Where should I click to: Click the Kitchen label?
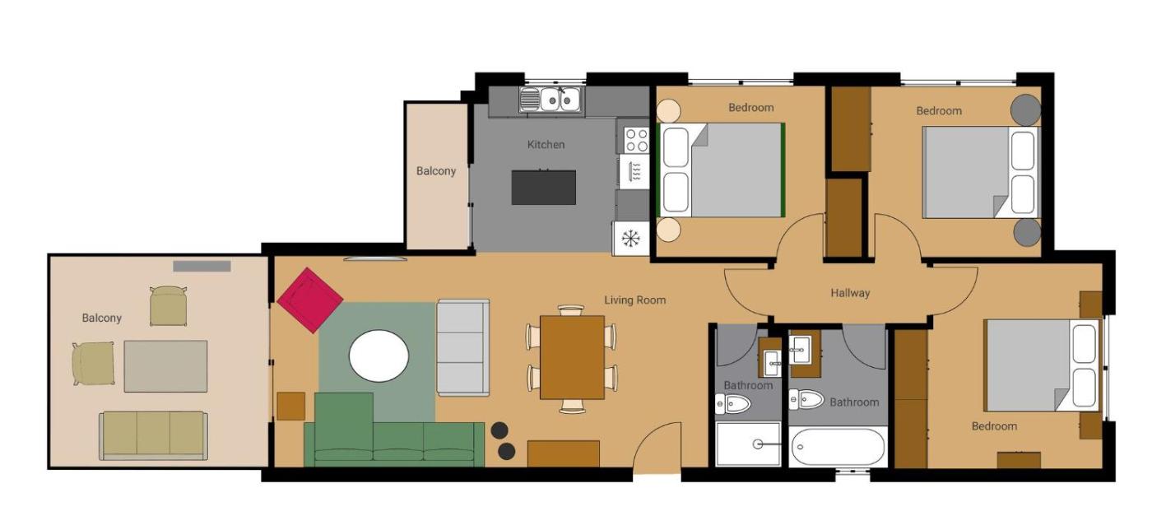click(546, 145)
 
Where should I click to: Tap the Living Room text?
click(634, 300)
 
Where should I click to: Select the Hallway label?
click(850, 293)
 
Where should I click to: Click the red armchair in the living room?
click(310, 300)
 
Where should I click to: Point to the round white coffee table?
click(379, 356)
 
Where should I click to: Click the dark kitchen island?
click(544, 188)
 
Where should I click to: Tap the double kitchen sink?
click(551, 100)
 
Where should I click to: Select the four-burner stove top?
click(636, 140)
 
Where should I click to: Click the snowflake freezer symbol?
click(630, 238)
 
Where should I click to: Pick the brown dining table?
click(572, 357)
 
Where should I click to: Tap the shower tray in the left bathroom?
click(748, 444)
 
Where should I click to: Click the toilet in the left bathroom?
click(733, 404)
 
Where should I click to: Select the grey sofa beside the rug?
click(462, 347)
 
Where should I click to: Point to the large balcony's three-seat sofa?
click(153, 435)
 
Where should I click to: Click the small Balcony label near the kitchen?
click(436, 171)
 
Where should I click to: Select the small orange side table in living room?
click(291, 406)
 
